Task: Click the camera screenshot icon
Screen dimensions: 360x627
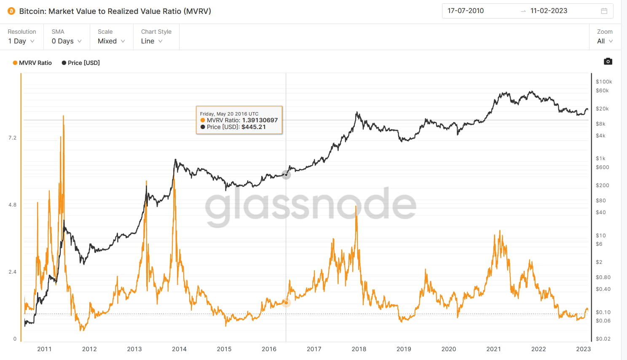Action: (x=608, y=62)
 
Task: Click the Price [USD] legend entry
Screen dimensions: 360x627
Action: (x=81, y=63)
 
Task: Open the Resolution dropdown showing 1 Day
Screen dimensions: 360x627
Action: (x=21, y=41)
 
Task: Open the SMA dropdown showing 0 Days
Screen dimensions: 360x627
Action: (x=67, y=41)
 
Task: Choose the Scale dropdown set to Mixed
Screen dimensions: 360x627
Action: (x=111, y=41)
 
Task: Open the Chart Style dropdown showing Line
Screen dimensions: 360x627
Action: (x=152, y=41)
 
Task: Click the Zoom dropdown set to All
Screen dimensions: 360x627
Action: (x=605, y=41)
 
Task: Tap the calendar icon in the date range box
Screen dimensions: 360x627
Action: (x=604, y=11)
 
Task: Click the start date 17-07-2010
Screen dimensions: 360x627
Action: (x=466, y=11)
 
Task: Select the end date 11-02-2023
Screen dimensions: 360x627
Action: (x=549, y=11)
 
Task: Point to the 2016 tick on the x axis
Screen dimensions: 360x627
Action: (x=269, y=349)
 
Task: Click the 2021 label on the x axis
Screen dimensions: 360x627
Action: (x=493, y=349)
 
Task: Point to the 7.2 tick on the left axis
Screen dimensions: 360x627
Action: (x=12, y=138)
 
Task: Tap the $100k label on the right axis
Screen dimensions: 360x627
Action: (x=604, y=82)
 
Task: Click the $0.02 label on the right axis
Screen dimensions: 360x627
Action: (x=603, y=339)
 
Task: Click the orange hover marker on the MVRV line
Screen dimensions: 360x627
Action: (x=286, y=303)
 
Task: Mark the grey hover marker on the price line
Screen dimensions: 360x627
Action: (x=286, y=175)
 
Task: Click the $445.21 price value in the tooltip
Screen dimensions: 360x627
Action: (x=254, y=127)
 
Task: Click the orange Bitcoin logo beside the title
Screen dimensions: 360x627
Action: (x=11, y=11)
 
